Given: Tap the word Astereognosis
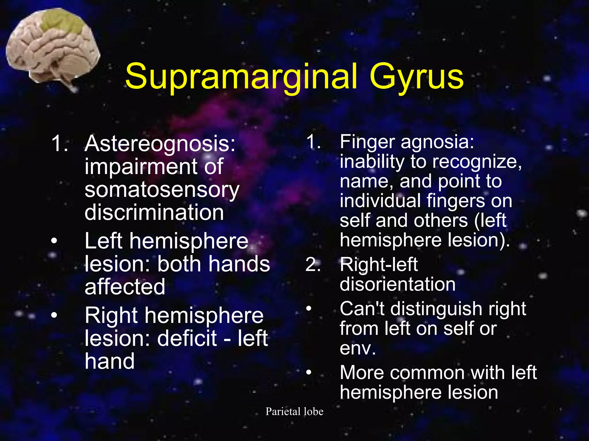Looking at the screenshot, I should [x=160, y=144].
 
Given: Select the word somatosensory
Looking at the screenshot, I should [x=162, y=190].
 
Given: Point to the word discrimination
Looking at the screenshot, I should [x=154, y=212].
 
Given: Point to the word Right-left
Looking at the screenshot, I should [x=378, y=264].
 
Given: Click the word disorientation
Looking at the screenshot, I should [x=397, y=284].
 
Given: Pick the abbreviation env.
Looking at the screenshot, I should [x=357, y=349].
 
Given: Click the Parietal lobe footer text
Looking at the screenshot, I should [x=294, y=411].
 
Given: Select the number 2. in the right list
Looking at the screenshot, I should [x=313, y=264].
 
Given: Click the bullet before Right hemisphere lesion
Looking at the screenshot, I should [x=54, y=315].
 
